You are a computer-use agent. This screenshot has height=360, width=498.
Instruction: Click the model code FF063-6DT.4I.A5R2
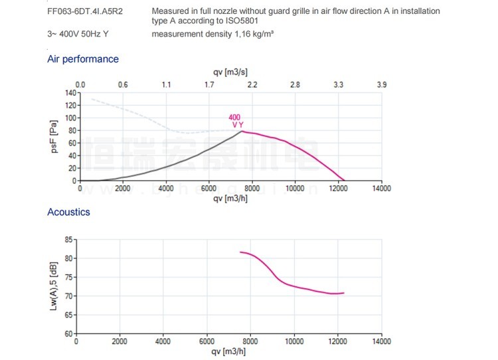[85, 11]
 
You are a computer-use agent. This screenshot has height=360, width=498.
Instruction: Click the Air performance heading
[83, 59]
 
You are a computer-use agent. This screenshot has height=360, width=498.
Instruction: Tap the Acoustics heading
[68, 212]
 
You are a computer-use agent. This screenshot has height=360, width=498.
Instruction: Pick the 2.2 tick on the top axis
[252, 85]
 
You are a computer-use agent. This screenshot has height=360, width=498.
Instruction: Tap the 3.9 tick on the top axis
[381, 85]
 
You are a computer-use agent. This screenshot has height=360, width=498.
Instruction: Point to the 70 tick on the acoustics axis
[68, 296]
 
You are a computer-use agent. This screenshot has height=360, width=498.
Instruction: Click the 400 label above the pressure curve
[235, 118]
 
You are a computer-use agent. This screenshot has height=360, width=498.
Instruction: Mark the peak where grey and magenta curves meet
[242, 131]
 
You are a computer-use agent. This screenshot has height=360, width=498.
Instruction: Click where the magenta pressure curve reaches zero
[345, 181]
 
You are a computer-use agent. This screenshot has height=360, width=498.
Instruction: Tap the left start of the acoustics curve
[240, 252]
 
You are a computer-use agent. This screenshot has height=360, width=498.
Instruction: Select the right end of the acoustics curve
[344, 293]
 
